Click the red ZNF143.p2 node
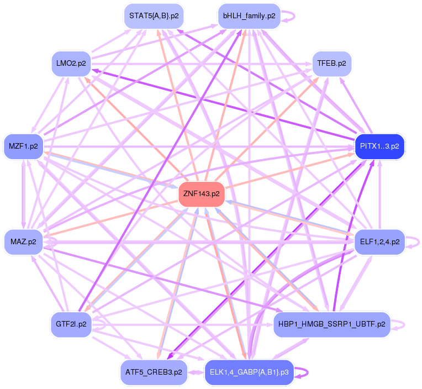(201, 194)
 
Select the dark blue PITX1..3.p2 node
(379, 146)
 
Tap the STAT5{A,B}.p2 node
(154, 16)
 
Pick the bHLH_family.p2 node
(249, 16)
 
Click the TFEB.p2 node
(331, 64)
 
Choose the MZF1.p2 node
(23, 146)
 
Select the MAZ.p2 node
(23, 241)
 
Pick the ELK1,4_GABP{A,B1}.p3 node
(249, 372)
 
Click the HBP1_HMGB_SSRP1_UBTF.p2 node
(331, 324)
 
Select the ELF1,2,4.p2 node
(379, 241)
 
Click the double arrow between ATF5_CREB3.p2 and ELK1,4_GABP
(196, 372)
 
